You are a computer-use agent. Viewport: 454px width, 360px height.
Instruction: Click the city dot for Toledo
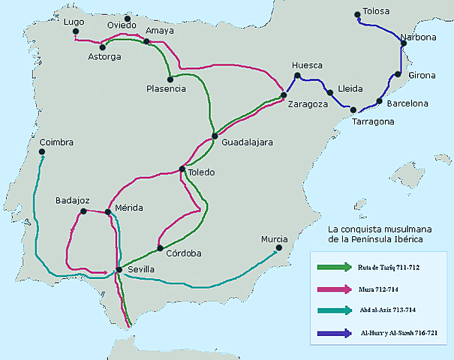click(182, 169)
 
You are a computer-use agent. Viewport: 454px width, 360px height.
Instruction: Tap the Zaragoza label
click(308, 105)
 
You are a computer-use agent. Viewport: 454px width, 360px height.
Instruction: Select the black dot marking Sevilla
click(119, 270)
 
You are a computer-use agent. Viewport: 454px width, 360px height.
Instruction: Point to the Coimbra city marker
click(43, 155)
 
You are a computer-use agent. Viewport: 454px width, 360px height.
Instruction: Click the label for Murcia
click(274, 239)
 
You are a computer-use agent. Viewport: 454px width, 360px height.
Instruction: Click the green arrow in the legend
click(334, 266)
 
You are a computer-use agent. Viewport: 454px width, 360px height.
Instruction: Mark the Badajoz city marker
click(83, 212)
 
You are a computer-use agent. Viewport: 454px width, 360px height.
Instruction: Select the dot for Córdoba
click(160, 248)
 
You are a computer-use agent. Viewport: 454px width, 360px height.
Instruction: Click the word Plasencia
click(166, 89)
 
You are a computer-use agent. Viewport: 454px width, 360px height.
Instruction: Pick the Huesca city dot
click(298, 76)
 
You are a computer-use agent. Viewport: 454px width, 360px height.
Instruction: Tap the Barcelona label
click(407, 103)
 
